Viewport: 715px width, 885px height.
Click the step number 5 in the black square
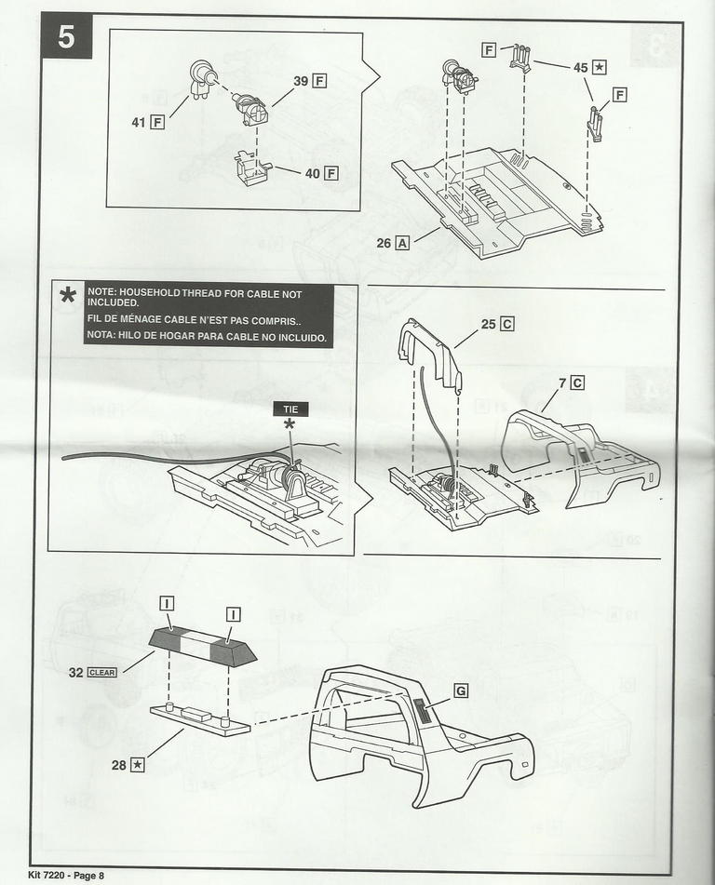[65, 36]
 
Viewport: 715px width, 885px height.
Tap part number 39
[301, 81]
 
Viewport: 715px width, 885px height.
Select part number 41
[138, 121]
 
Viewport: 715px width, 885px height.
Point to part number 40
[310, 173]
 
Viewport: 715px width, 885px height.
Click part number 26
[384, 243]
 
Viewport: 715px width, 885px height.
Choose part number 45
[580, 67]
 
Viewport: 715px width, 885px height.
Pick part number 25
[488, 324]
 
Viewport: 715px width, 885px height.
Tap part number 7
[563, 382]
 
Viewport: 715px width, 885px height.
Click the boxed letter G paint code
[460, 691]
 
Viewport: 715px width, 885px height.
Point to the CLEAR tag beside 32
[101, 671]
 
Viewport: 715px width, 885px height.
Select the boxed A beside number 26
[402, 243]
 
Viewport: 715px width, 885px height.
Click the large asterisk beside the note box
[68, 297]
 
